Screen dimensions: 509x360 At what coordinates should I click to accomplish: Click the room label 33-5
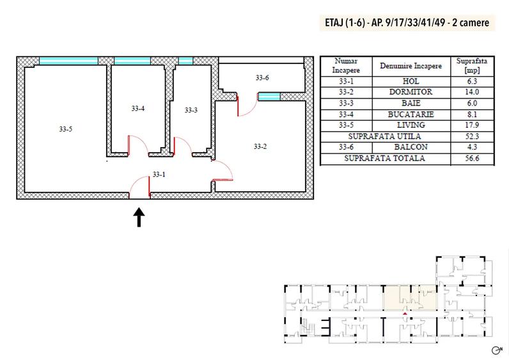66,129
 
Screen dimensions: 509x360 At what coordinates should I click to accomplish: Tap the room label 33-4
138,109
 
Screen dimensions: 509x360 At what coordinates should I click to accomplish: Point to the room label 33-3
191,110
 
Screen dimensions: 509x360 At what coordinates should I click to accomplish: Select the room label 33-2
260,146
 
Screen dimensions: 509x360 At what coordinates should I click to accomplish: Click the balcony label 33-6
262,77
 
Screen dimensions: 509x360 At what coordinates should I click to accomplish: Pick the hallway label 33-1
159,175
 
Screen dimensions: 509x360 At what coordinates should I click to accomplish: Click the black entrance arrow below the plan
139,217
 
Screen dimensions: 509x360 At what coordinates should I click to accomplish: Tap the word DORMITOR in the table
411,92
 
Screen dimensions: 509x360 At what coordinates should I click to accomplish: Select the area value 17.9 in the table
472,125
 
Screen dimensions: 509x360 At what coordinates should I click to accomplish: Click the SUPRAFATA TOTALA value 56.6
472,158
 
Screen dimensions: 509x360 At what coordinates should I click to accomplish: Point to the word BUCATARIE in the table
411,114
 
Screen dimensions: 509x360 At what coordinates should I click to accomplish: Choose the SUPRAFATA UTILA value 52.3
472,136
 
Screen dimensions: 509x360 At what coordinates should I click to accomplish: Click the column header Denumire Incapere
411,66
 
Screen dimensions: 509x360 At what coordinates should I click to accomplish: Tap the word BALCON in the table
411,147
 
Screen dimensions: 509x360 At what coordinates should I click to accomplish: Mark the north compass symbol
497,350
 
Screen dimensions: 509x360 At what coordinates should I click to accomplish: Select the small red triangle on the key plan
405,313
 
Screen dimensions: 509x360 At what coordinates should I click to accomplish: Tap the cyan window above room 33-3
185,61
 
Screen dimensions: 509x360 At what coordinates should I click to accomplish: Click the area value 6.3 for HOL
472,81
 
